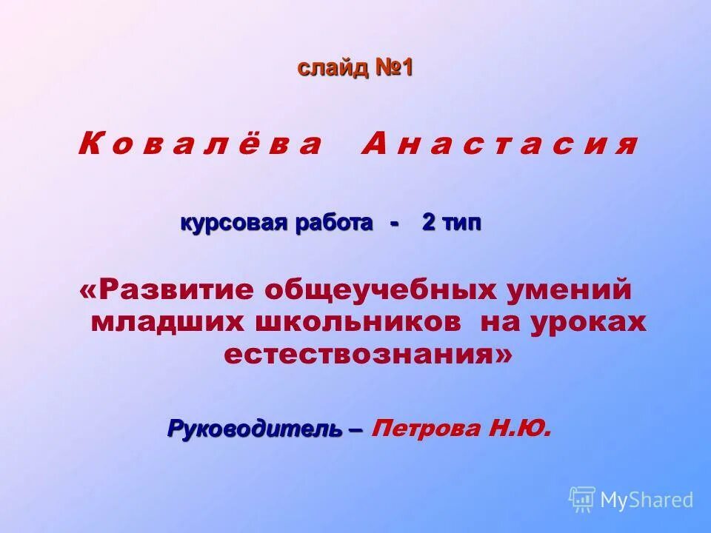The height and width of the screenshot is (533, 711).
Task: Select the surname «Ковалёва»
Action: point(200,144)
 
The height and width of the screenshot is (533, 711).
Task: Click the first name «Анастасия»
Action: point(498,144)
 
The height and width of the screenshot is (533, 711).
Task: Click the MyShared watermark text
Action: point(647,500)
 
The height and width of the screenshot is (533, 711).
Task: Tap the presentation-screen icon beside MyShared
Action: point(582,500)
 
